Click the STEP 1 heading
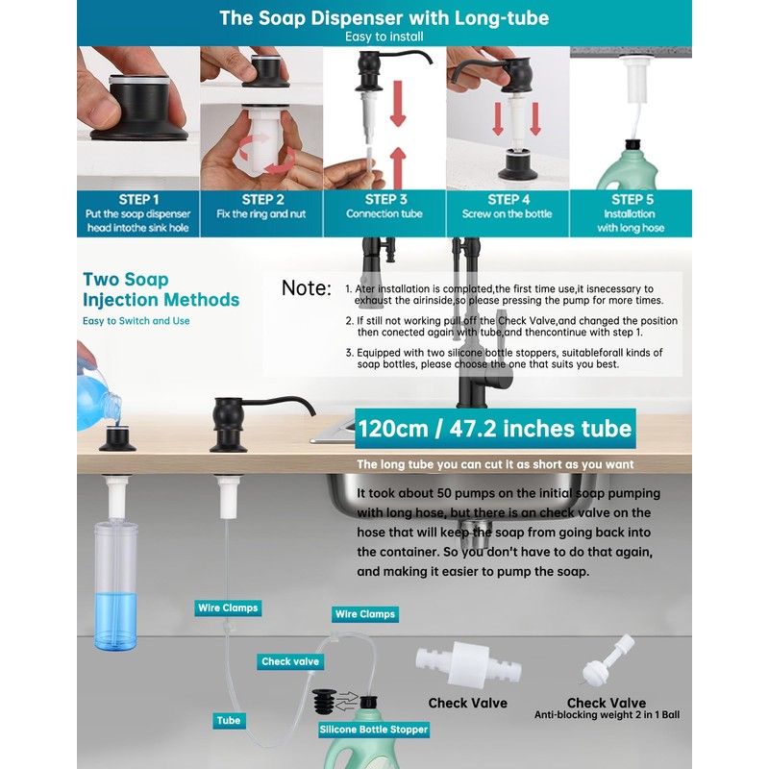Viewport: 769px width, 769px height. point(138,200)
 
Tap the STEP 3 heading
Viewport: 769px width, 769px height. point(386,199)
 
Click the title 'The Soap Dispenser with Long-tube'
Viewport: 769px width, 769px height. point(384,17)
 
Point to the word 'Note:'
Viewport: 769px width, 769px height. point(307,287)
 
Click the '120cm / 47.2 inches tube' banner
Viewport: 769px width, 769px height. point(495,429)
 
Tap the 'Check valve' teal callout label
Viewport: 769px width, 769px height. point(290,661)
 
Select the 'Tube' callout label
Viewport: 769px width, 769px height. point(229,720)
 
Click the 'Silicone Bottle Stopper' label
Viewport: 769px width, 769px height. point(374,730)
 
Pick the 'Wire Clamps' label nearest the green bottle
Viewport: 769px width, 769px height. point(365,614)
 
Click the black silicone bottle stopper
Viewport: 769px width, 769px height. point(324,702)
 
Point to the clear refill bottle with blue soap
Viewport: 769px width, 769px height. point(115,586)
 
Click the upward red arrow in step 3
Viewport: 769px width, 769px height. point(398,167)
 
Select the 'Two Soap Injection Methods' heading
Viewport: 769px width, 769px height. point(161,289)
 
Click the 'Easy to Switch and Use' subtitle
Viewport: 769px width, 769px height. point(136,321)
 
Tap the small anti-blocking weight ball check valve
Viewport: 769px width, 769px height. point(608,660)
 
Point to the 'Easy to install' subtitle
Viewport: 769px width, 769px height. point(384,37)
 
